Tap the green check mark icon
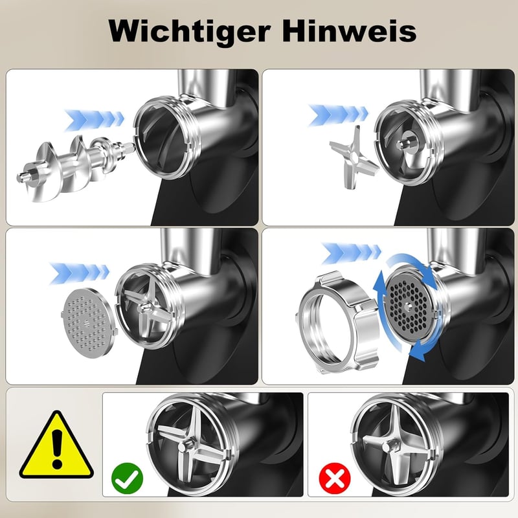click(127, 478)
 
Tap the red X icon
click(335, 478)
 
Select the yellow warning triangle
click(56, 444)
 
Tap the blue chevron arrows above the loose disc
click(79, 273)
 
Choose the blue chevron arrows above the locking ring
click(351, 253)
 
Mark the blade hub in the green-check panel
click(183, 447)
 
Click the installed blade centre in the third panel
click(145, 309)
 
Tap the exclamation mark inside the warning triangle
click(57, 449)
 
